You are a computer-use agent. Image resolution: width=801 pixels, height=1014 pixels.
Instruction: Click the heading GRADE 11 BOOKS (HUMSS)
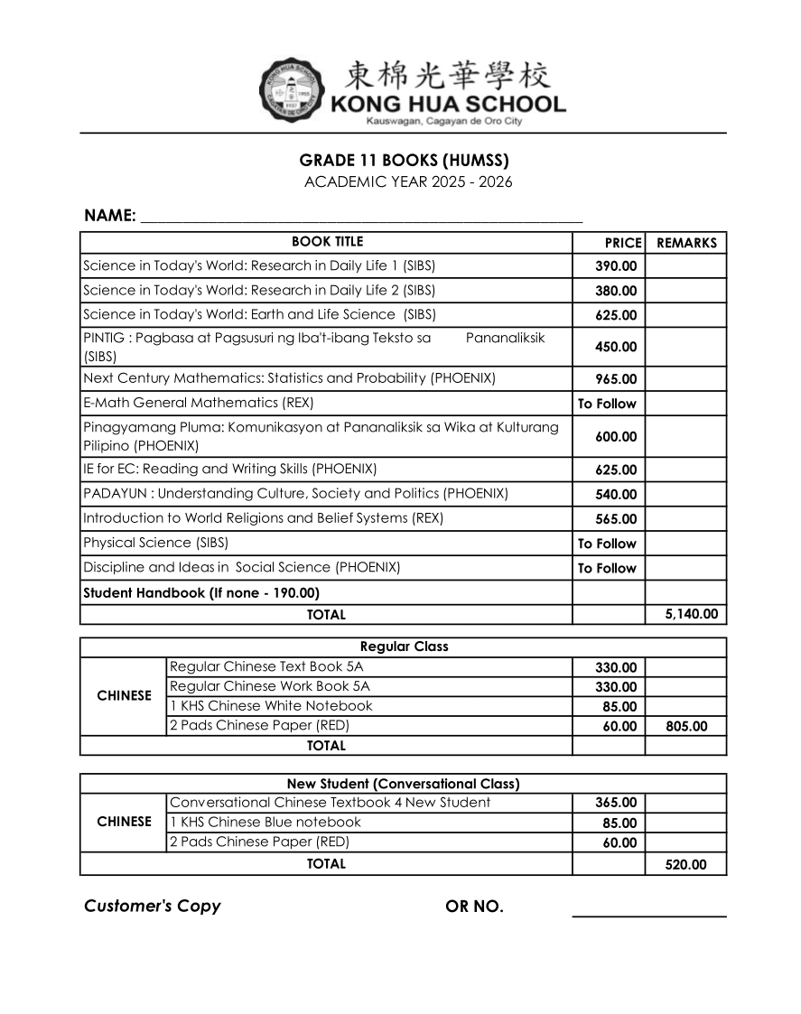coord(404,161)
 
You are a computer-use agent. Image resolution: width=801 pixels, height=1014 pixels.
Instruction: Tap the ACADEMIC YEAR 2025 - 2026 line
coord(408,182)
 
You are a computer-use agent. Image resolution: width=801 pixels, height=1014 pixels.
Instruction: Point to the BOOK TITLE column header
coord(327,242)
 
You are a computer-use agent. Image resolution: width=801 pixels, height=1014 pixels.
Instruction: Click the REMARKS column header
coord(686,243)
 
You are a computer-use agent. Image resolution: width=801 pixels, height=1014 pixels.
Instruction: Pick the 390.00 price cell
coord(615,266)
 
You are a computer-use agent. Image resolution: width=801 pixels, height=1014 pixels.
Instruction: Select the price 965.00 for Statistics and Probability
coord(615,379)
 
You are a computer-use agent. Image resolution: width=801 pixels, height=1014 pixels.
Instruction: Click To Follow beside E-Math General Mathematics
coord(607,404)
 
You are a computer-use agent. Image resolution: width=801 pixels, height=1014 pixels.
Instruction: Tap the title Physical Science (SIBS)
coord(155,543)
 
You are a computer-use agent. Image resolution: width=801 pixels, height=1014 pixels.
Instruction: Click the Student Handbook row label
coord(201,593)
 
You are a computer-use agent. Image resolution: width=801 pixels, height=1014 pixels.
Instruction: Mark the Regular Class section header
coord(404,647)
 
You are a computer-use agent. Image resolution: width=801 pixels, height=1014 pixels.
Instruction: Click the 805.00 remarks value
coord(686,726)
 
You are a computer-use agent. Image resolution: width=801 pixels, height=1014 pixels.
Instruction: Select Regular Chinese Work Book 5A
coord(269,686)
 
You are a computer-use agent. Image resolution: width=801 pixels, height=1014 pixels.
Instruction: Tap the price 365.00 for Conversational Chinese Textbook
coord(615,803)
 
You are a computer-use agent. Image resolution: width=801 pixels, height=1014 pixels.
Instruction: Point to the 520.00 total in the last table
coord(685,864)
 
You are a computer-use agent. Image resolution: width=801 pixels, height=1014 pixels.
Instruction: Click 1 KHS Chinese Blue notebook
coord(265,822)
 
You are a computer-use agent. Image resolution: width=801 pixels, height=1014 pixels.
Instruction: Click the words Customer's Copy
coord(152,906)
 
